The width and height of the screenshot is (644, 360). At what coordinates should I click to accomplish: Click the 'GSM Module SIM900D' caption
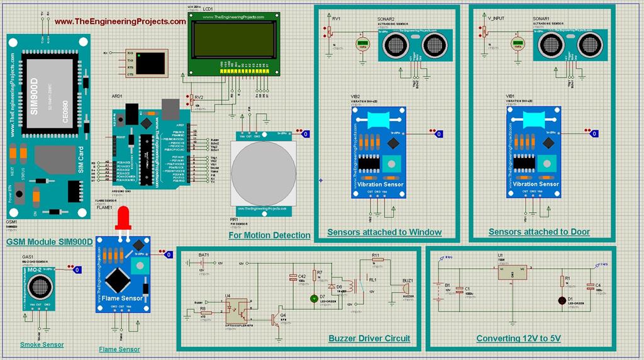click(49, 242)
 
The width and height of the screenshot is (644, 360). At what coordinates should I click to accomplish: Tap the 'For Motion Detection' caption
click(269, 235)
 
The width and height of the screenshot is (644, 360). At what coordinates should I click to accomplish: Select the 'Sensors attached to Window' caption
click(384, 232)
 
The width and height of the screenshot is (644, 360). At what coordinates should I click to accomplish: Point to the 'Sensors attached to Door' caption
click(539, 232)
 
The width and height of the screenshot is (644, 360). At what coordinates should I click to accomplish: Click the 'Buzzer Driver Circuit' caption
click(369, 339)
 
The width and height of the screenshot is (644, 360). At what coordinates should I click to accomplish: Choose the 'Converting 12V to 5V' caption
click(519, 339)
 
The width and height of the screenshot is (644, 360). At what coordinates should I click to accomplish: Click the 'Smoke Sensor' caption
click(42, 344)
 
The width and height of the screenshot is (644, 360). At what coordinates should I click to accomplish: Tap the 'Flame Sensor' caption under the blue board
click(119, 349)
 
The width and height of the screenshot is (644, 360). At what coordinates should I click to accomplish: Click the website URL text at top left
click(120, 21)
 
